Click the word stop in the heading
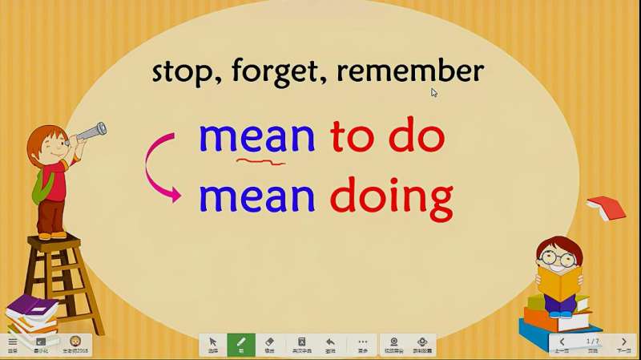pyautogui.click(x=183, y=72)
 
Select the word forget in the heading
pyautogui.click(x=278, y=73)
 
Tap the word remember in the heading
pyautogui.click(x=410, y=71)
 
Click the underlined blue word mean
pyautogui.click(x=256, y=138)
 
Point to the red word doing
pyautogui.click(x=391, y=197)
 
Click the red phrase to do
pyautogui.click(x=387, y=138)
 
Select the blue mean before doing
pyautogui.click(x=256, y=197)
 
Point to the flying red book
pyautogui.click(x=606, y=208)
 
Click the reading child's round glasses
pyautogui.click(x=558, y=258)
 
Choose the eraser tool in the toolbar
pyautogui.click(x=269, y=344)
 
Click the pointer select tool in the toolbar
pyautogui.click(x=213, y=344)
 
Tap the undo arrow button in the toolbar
pyautogui.click(x=330, y=344)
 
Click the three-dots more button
pyautogui.click(x=362, y=344)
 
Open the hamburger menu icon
pyautogui.click(x=12, y=344)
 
